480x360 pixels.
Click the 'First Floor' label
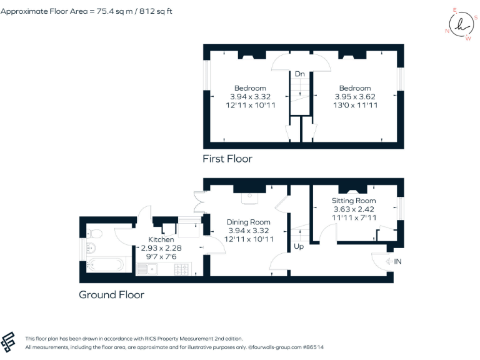(227, 159)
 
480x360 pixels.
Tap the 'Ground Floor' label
(111, 294)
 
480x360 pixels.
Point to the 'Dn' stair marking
(300, 74)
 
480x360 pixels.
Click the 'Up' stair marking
(299, 247)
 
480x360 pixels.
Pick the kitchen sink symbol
(147, 269)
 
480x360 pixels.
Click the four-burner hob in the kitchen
(182, 269)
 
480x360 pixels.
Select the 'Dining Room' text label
(248, 222)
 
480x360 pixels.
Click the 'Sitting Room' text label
(354, 201)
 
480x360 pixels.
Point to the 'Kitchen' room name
(161, 240)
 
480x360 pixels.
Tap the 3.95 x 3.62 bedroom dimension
(354, 97)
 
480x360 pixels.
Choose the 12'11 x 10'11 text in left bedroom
(250, 105)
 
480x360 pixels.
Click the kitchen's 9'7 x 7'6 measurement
(161, 256)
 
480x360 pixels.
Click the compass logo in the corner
(461, 25)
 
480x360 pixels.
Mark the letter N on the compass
(447, 31)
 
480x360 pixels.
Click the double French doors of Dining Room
(200, 201)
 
